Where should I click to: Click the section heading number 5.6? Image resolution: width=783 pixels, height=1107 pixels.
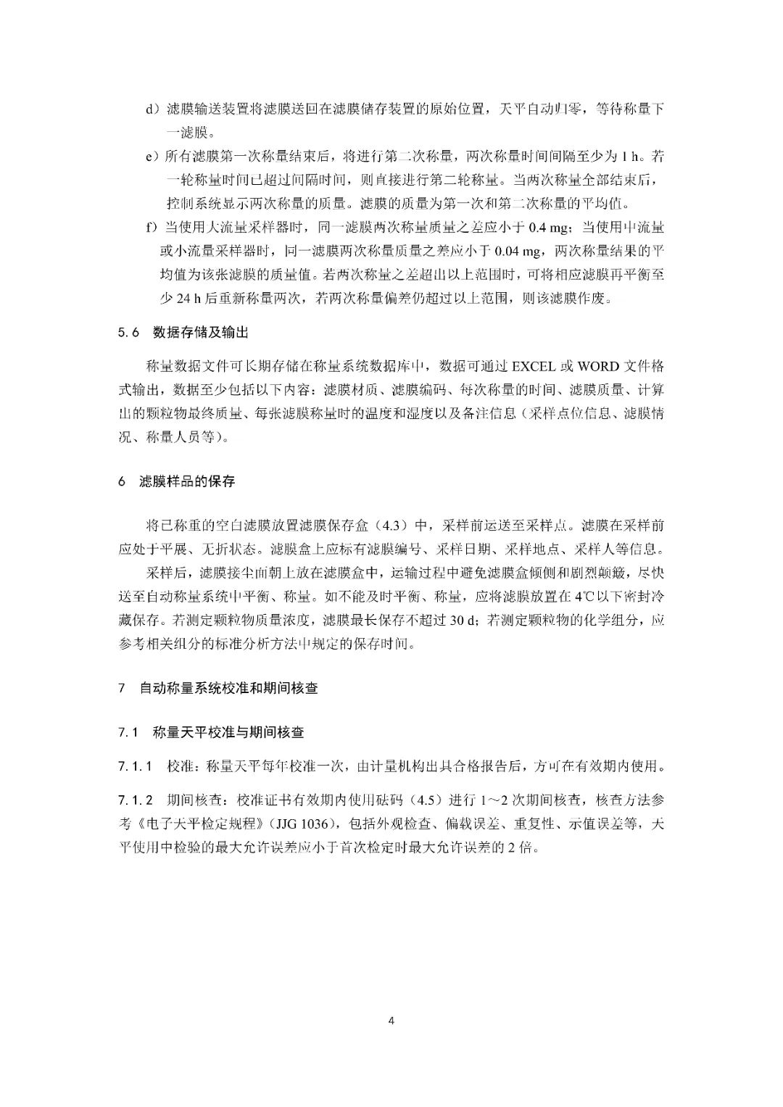(x=128, y=333)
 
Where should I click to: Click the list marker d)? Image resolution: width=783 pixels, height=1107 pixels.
(x=152, y=109)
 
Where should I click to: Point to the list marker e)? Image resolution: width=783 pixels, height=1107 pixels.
(x=152, y=157)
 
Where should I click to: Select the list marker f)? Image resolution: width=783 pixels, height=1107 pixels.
(x=151, y=228)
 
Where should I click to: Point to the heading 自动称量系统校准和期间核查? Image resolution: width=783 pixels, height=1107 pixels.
(x=228, y=688)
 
